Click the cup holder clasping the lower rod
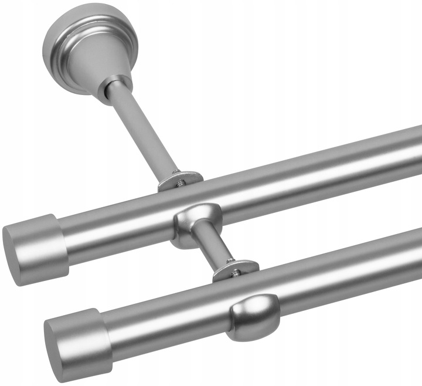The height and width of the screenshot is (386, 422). pos(252,317)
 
